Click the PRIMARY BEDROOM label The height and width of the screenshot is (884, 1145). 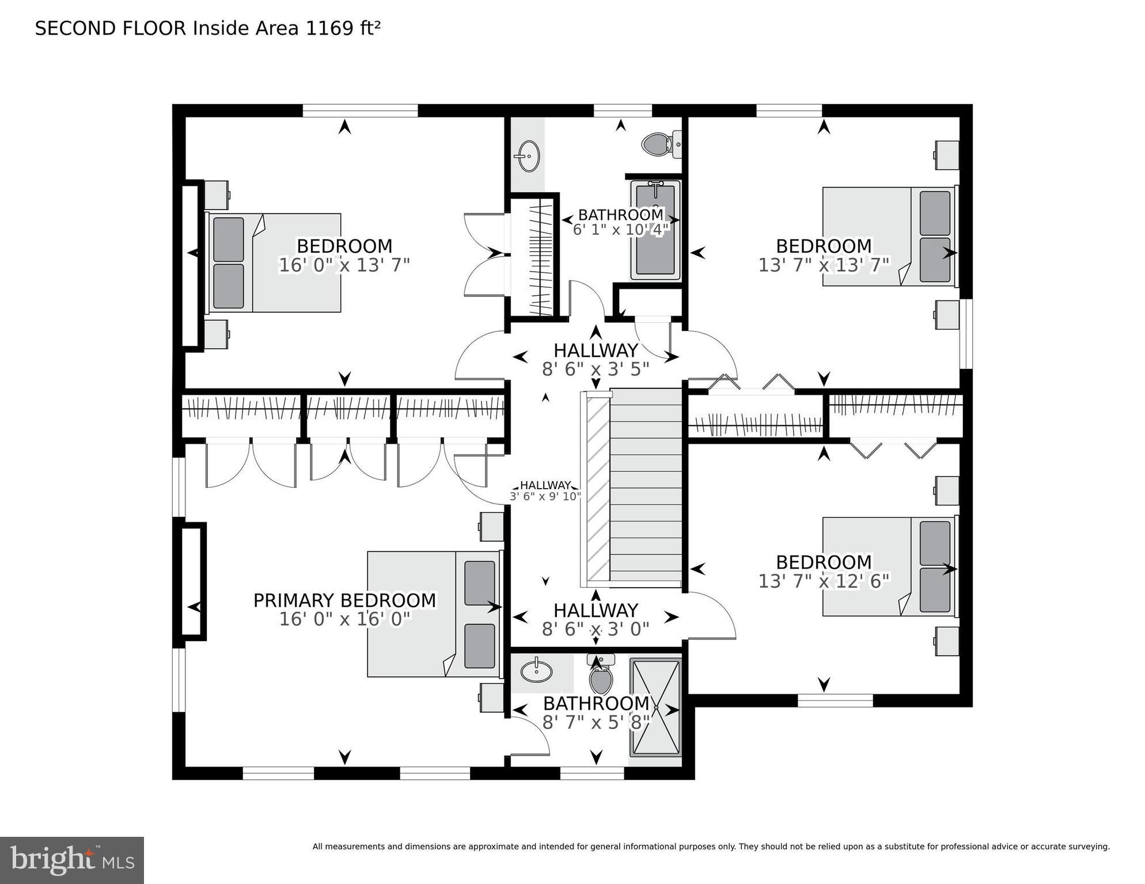click(x=344, y=600)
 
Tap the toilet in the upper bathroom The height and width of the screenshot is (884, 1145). click(x=657, y=144)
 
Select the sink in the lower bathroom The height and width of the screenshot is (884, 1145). click(x=536, y=672)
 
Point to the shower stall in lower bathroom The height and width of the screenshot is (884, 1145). click(x=655, y=708)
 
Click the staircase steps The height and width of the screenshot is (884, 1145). click(x=646, y=486)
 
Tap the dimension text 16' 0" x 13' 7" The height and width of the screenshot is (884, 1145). click(x=344, y=265)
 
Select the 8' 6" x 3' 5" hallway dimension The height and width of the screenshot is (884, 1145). click(x=596, y=369)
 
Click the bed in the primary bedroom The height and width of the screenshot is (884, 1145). click(x=433, y=614)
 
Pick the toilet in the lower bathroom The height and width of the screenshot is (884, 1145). click(x=601, y=677)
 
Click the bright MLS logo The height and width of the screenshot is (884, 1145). click(x=72, y=860)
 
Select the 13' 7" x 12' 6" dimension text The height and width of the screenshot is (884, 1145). click(x=824, y=581)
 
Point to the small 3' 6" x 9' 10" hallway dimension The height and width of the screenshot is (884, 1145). click(x=545, y=497)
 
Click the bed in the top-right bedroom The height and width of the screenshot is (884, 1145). click(x=889, y=237)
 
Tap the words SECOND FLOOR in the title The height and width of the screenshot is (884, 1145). click(x=111, y=28)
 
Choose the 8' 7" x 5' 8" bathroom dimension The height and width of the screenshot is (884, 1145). click(x=596, y=722)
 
